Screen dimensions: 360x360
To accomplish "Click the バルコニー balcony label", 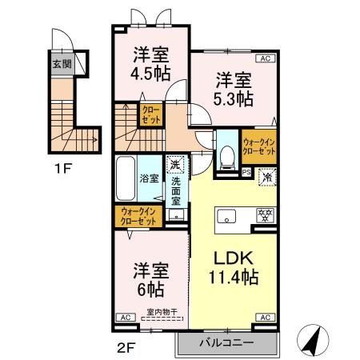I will [226, 342].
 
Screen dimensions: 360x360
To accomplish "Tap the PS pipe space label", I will [246, 170].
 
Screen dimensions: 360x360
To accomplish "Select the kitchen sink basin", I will [225, 216].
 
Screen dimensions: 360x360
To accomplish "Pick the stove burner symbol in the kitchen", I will [261, 214].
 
